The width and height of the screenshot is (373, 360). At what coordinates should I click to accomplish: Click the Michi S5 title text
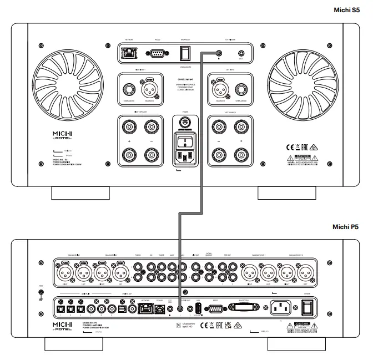coord(348,10)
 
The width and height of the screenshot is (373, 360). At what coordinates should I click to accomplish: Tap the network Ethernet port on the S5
coord(130,53)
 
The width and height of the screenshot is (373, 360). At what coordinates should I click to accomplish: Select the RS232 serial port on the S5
coord(158,54)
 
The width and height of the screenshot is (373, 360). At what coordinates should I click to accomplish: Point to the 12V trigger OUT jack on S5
coord(241,54)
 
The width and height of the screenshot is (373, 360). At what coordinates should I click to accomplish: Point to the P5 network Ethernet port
coord(145,306)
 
